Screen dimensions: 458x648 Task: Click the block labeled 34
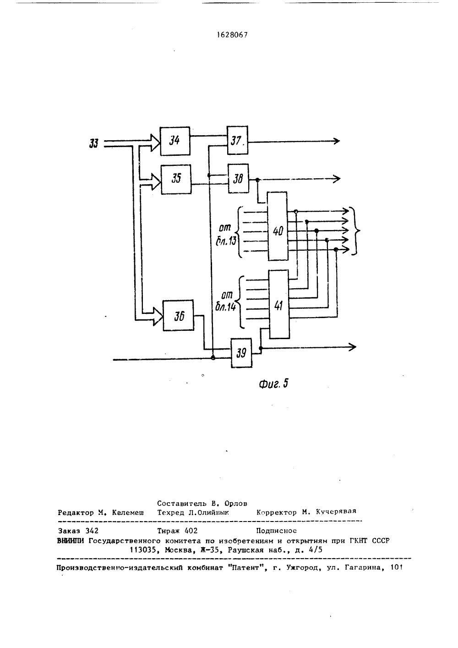click(175, 141)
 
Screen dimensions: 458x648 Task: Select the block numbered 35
click(176, 179)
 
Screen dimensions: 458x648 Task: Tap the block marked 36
click(179, 316)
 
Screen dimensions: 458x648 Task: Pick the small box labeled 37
click(237, 140)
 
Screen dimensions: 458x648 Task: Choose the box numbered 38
click(238, 178)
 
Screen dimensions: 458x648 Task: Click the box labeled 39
click(241, 353)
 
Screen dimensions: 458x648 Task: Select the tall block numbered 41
click(279, 304)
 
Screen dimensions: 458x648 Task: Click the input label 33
click(94, 143)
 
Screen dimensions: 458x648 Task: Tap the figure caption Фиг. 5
click(273, 384)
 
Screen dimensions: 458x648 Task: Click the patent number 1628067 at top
click(233, 35)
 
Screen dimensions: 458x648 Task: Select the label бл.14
click(225, 307)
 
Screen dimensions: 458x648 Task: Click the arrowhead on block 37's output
click(337, 141)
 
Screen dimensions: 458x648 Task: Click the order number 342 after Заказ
click(92, 531)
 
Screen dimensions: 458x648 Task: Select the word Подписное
click(277, 531)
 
